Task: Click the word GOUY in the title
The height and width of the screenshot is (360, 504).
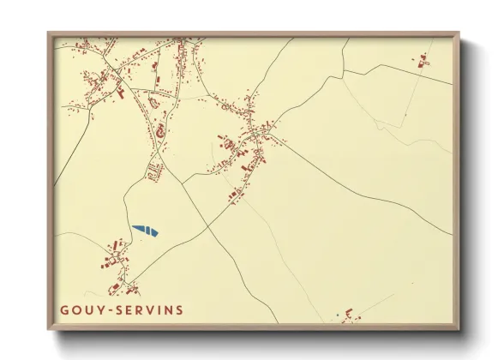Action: pyautogui.click(x=81, y=309)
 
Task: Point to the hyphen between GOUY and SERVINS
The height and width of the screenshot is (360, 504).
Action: pyautogui.click(x=107, y=309)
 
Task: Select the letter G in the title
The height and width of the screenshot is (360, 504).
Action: pyautogui.click(x=65, y=309)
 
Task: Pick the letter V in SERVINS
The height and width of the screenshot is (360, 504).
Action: pyautogui.click(x=148, y=309)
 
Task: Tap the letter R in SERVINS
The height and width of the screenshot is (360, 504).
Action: pyautogui.click(x=138, y=309)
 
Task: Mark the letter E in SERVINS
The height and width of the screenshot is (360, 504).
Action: pyautogui.click(x=128, y=309)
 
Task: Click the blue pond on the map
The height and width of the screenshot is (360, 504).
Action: pyautogui.click(x=146, y=230)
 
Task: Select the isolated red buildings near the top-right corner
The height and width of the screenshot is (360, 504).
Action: pyautogui.click(x=421, y=61)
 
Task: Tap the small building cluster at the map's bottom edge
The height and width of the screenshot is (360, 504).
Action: pyautogui.click(x=347, y=315)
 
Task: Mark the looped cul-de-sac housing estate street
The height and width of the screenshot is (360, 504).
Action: pyautogui.click(x=154, y=171)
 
